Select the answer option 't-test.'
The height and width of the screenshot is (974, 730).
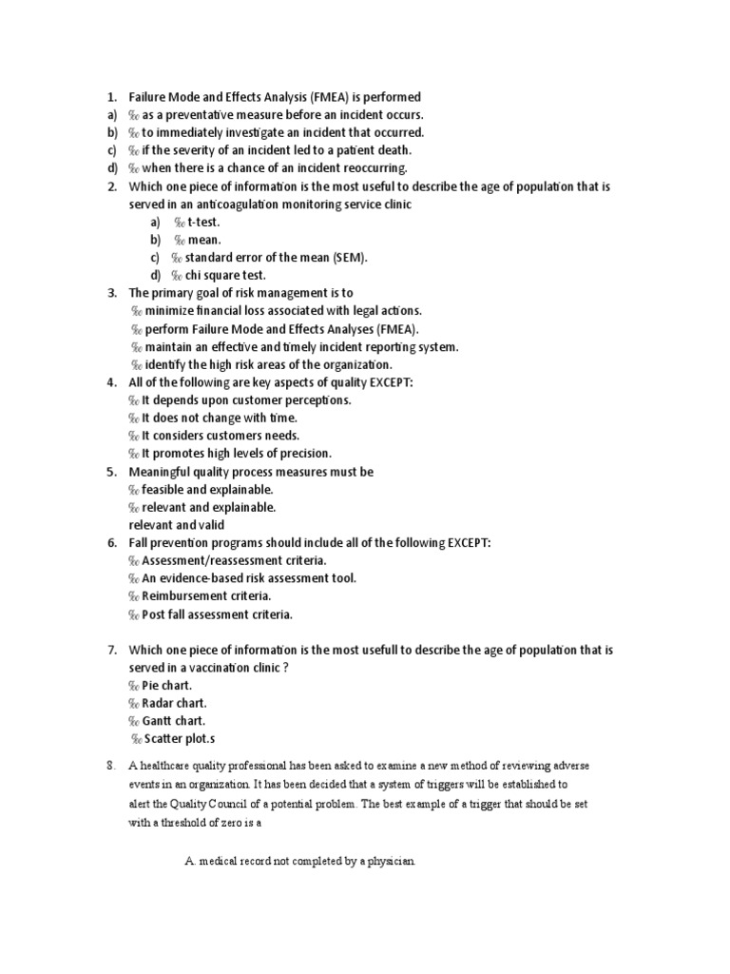point(203,222)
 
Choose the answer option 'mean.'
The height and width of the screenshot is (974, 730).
point(203,240)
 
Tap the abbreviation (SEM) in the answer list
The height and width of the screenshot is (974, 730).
point(349,258)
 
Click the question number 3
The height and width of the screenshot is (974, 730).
point(111,293)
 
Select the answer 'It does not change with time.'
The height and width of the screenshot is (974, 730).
point(220,418)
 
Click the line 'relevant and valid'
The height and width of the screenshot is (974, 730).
point(177,525)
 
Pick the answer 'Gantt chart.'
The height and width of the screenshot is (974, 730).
point(174,722)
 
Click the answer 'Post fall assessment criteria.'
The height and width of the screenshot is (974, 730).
point(217,614)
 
